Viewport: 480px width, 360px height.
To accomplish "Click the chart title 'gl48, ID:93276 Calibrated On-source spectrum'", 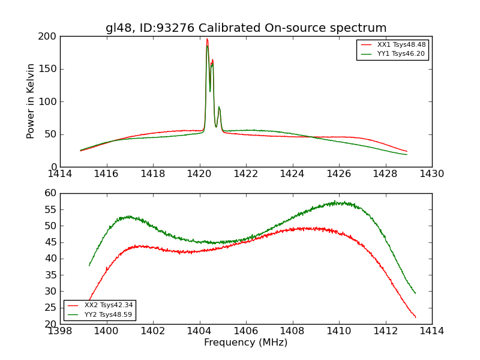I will (246, 28).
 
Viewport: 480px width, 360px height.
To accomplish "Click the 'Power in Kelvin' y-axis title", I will (31, 101).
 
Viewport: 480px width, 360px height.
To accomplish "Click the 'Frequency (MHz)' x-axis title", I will (246, 343).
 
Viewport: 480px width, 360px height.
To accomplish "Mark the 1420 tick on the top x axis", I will (199, 174).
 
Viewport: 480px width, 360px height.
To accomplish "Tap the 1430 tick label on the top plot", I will (432, 174).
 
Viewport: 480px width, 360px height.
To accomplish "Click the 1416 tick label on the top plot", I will (106, 174).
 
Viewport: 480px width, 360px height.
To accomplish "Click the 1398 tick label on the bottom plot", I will (60, 331).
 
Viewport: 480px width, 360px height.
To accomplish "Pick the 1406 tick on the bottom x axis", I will (246, 331).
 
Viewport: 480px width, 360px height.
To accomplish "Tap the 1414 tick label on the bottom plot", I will (432, 331).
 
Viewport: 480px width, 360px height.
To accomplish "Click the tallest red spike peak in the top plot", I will (207, 39).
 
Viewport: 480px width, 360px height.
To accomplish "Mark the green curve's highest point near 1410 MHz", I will (335, 202).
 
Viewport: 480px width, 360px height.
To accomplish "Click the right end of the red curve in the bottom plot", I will (415, 317).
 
